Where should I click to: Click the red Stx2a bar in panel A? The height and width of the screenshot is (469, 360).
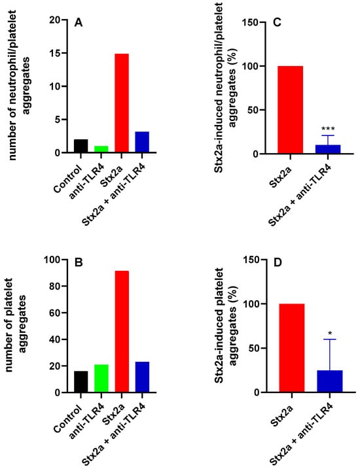tap(122, 103)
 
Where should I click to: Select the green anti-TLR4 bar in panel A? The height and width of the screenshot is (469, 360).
tap(101, 149)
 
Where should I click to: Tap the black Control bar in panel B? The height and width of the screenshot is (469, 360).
tap(81, 381)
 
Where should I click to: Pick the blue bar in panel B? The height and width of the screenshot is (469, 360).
tap(142, 377)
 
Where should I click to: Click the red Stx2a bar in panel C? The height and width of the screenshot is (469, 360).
tap(290, 110)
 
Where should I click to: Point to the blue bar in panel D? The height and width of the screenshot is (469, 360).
tap(329, 381)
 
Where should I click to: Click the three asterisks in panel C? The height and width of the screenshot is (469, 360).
tap(328, 130)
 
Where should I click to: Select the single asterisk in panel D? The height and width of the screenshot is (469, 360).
tap(330, 333)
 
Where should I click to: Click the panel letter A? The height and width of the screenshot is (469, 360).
tap(78, 22)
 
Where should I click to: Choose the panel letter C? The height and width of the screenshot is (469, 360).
tap(278, 22)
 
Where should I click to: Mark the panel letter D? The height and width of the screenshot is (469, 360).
tap(278, 262)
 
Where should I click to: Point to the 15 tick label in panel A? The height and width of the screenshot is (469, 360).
tap(56, 54)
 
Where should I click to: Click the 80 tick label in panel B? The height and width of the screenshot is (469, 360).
tap(54, 287)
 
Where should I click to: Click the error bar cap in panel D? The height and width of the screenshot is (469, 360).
tap(329, 339)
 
